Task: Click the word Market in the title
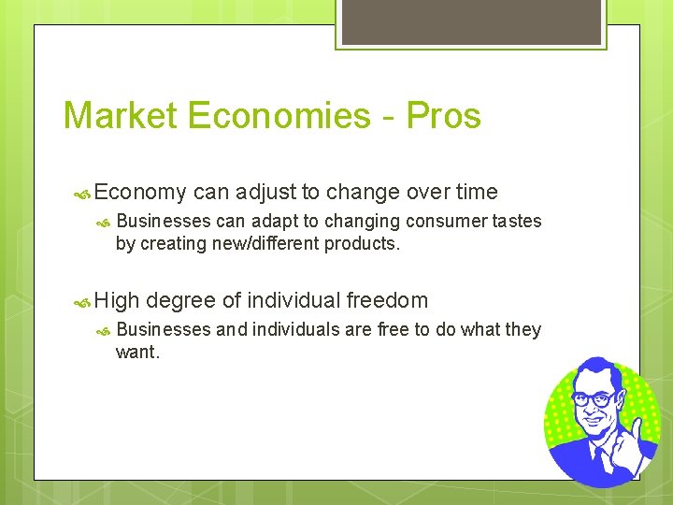(120, 116)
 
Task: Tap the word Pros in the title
(445, 116)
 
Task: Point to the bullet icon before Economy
(81, 194)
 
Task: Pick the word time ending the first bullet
(477, 193)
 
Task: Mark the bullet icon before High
(81, 302)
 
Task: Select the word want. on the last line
(137, 353)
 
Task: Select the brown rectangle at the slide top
(471, 21)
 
